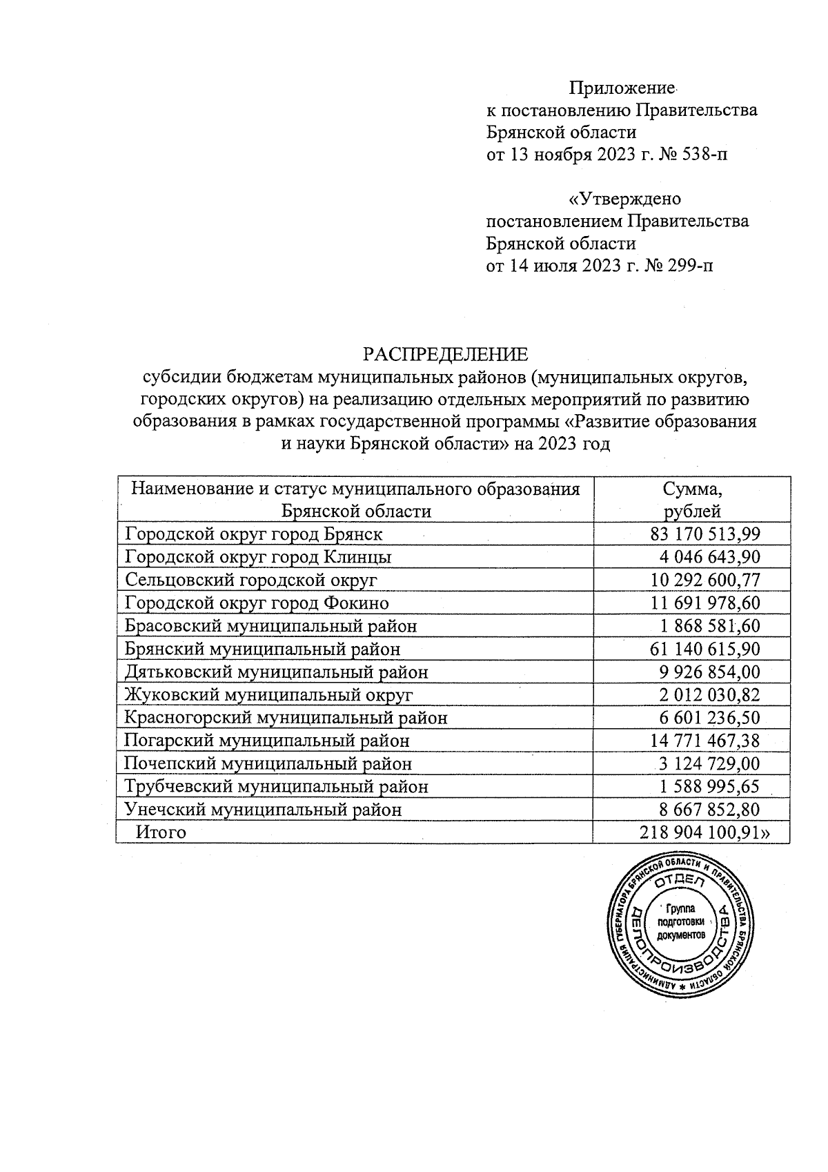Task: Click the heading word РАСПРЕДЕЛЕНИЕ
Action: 446,355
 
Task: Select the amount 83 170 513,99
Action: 704,534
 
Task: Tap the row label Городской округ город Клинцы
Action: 259,556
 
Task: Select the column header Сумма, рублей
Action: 691,500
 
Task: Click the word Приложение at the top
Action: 621,88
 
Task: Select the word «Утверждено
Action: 624,199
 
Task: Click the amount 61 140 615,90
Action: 704,649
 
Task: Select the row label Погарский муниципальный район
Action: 267,741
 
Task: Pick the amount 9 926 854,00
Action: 709,672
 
